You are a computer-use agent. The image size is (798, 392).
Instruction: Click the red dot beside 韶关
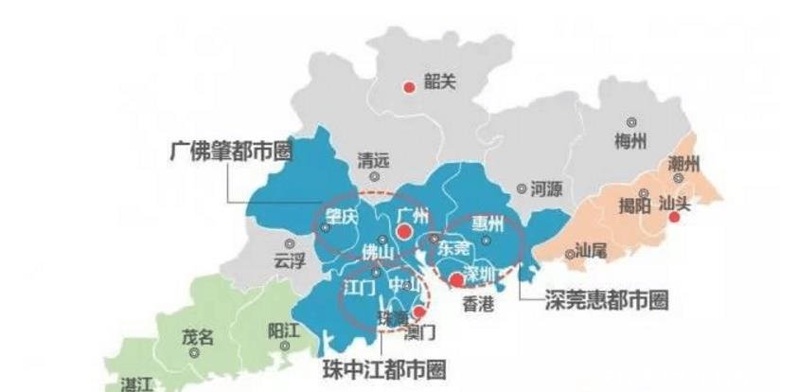point(409,87)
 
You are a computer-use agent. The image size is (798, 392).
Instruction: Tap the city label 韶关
point(439,82)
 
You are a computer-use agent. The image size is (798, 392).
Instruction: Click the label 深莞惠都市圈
point(607,300)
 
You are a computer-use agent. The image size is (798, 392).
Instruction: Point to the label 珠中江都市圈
point(383,367)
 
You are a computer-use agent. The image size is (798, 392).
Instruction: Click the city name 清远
point(372,160)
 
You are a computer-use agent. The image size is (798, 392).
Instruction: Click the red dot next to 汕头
point(674,217)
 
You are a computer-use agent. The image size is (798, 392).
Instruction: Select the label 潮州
point(683,163)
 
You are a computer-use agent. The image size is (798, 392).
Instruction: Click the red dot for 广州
point(403,231)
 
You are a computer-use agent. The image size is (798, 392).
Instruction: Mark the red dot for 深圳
point(456,280)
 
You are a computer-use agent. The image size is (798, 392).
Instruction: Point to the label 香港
point(478,305)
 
